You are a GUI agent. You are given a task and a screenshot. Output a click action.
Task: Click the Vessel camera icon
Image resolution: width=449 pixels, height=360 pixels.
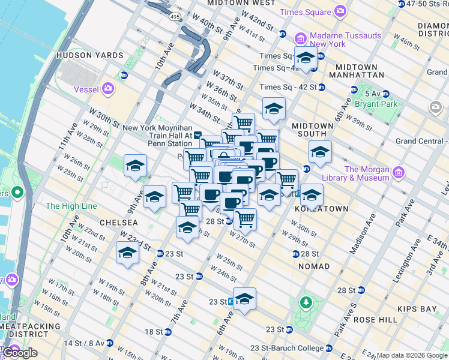click(109, 89)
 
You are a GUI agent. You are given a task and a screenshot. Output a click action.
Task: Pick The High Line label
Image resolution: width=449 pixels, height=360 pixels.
click(71, 206)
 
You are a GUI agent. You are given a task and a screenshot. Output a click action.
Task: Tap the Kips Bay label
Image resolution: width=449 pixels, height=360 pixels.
click(416, 309)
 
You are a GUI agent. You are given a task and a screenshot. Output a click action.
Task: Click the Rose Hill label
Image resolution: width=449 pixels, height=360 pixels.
click(376, 320)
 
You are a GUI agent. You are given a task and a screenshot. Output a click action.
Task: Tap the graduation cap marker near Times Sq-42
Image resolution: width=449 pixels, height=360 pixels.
click(306, 59)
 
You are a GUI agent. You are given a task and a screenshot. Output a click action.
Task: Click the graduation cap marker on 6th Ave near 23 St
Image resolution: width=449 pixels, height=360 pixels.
click(244, 298)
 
